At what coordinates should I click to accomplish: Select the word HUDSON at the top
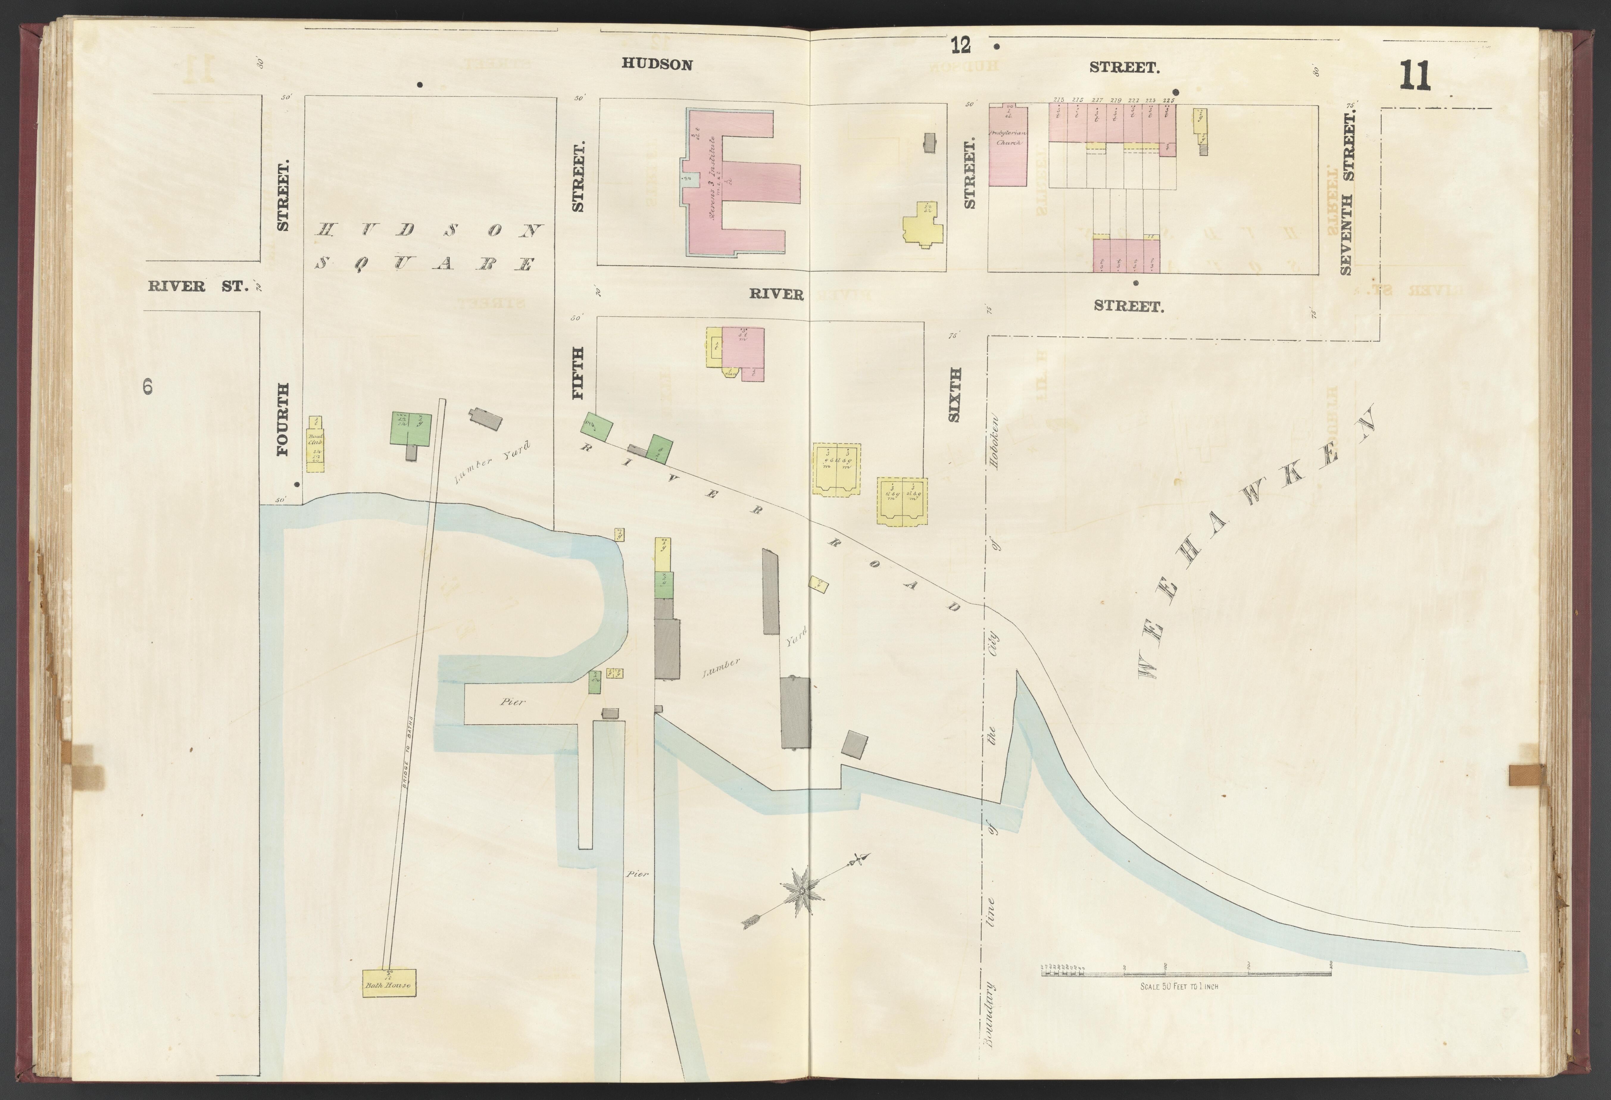pyautogui.click(x=656, y=65)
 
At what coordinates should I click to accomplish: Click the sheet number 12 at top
pyautogui.click(x=961, y=46)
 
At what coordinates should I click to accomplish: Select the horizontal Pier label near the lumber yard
pyautogui.click(x=513, y=701)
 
